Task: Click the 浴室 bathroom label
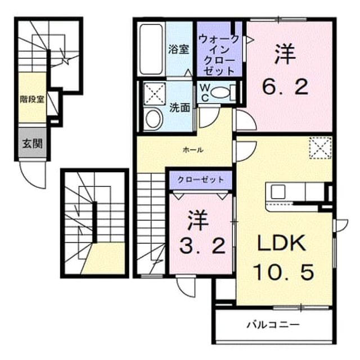pos(179,49)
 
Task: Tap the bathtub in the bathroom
pos(151,49)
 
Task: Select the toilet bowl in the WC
pos(220,93)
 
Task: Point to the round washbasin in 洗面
pos(153,119)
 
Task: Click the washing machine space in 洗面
pos(155,94)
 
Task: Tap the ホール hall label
pos(193,150)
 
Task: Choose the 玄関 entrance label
pos(33,144)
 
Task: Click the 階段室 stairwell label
pos(32,100)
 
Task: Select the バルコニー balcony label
pos(273,325)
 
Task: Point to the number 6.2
pos(285,87)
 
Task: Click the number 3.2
pos(202,246)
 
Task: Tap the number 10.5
pos(283,272)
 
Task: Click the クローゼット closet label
pos(201,179)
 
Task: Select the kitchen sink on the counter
pos(278,192)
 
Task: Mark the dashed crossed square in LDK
pos(321,148)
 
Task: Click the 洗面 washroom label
pos(180,107)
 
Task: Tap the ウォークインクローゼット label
pos(219,55)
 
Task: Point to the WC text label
pos(205,93)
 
